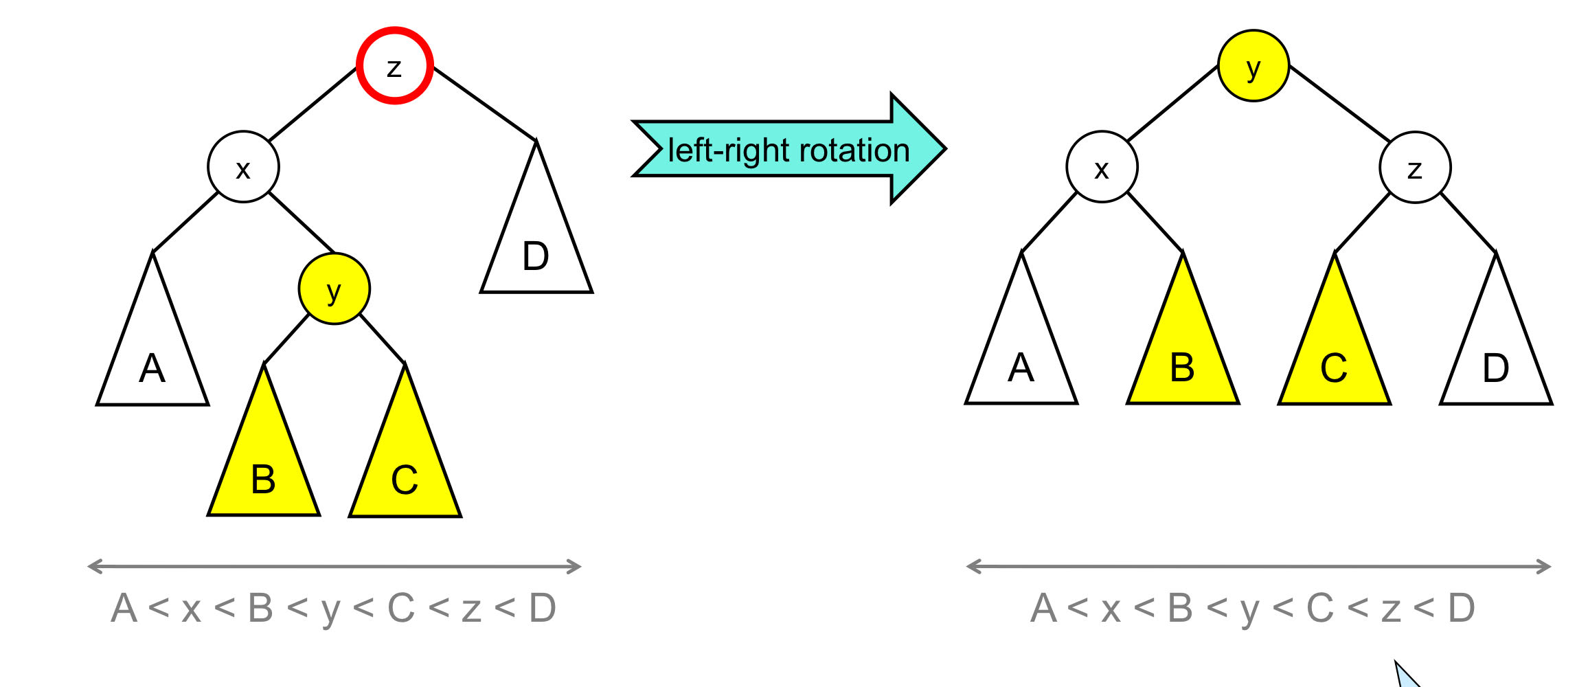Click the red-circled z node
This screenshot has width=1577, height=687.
click(x=394, y=66)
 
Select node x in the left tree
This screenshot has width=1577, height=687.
click(x=243, y=167)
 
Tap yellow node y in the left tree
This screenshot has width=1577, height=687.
click(x=334, y=289)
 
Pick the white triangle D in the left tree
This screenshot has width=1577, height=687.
click(x=536, y=247)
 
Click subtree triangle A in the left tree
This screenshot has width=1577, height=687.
click(x=152, y=357)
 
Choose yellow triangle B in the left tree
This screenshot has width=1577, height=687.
click(x=264, y=467)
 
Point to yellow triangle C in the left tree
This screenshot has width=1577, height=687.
click(x=405, y=467)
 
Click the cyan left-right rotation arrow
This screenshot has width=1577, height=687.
click(x=788, y=149)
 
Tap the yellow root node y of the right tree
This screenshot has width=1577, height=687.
click(x=1253, y=66)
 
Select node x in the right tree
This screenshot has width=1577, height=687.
click(x=1102, y=167)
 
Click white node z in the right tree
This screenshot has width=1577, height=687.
click(x=1415, y=167)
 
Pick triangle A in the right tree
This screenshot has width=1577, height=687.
click(x=1021, y=357)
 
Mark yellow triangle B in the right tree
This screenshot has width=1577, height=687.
click(x=1182, y=357)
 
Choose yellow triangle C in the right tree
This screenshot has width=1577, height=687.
click(x=1334, y=357)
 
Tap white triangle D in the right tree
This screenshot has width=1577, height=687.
click(x=1495, y=357)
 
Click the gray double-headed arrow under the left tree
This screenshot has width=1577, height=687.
click(x=334, y=567)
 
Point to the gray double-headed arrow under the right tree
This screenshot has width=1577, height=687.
click(x=1258, y=567)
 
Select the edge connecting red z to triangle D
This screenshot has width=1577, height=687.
click(x=484, y=103)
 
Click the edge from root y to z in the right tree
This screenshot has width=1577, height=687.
click(x=1339, y=103)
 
